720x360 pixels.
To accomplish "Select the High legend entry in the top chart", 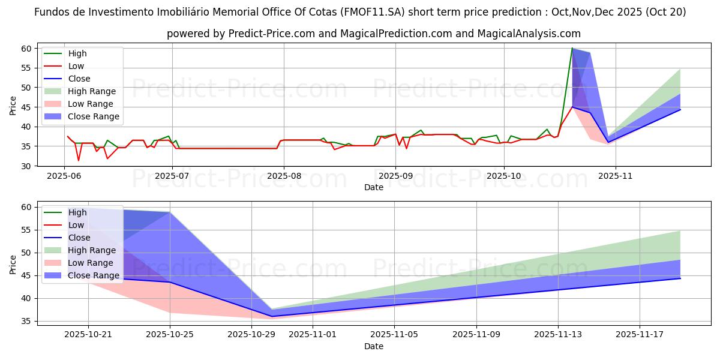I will click(77, 53).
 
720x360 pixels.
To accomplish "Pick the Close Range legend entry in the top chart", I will click(93, 116).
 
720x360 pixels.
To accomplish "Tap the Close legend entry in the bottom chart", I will click(79, 238).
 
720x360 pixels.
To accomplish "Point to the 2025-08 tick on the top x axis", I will click(284, 176).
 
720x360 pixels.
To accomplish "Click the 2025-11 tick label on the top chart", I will click(616, 176).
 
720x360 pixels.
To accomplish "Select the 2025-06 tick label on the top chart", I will click(64, 176).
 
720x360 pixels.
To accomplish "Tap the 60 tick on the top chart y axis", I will click(26, 49).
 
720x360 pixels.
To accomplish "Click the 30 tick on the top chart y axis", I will click(26, 166).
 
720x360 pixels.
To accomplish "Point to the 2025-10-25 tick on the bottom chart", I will click(170, 335).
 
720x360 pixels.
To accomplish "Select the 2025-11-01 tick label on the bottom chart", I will click(313, 335).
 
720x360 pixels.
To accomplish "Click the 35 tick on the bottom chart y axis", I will click(26, 322).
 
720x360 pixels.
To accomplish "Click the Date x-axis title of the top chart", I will click(373, 187).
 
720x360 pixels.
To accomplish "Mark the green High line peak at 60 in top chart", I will click(572, 49).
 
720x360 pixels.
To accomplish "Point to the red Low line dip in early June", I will click(79, 160).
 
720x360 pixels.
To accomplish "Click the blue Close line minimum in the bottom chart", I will click(272, 316).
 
